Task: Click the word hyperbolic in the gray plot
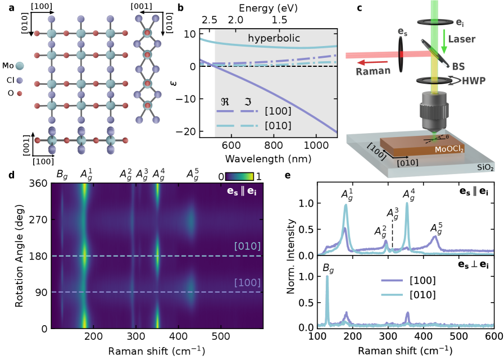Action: (274, 39)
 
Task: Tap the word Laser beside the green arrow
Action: (462, 39)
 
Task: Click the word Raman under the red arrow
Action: (373, 71)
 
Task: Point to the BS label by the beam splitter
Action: (458, 66)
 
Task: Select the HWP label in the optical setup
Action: (474, 81)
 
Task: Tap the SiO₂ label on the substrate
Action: (485, 167)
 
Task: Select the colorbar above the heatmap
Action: (239, 176)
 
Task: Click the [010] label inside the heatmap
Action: (247, 247)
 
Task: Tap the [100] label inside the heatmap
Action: (247, 282)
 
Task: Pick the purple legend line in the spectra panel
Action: (392, 280)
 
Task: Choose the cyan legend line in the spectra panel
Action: (392, 294)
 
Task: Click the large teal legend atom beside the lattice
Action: (20, 66)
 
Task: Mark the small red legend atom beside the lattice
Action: (20, 93)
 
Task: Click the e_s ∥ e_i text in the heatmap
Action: (245, 192)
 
